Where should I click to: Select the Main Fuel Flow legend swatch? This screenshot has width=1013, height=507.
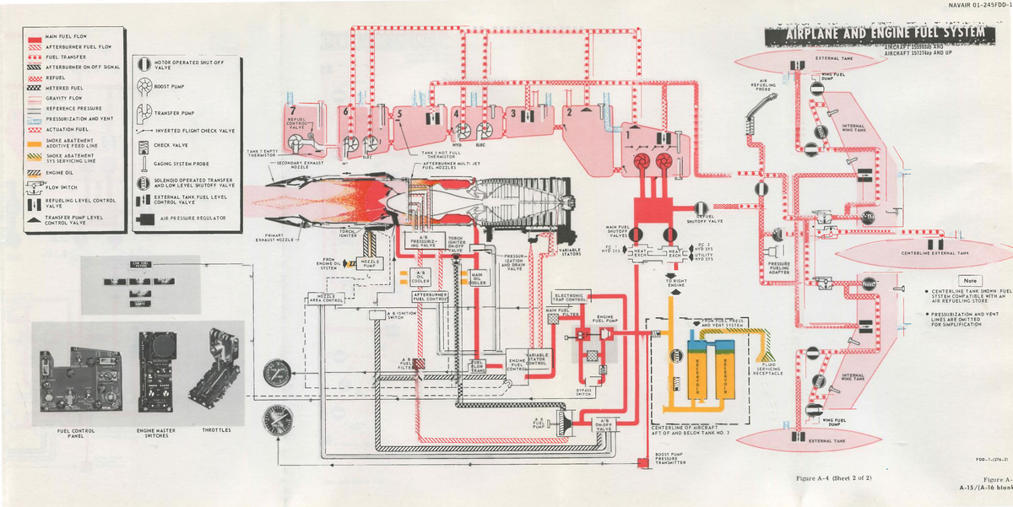click(x=35, y=37)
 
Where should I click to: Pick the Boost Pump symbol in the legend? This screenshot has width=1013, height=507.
click(x=141, y=85)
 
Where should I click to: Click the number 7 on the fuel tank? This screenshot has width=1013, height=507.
click(x=293, y=111)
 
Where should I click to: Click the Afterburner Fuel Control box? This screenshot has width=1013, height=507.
click(x=430, y=295)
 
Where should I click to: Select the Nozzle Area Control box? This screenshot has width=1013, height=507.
click(x=322, y=297)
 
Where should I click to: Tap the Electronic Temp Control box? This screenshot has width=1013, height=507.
click(x=570, y=296)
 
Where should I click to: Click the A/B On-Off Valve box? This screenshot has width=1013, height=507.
click(x=604, y=423)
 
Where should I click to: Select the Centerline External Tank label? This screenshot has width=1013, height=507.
click(x=933, y=253)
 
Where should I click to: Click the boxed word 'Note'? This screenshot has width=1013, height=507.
click(x=970, y=281)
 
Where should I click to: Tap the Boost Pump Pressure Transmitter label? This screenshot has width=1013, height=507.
click(x=670, y=461)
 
